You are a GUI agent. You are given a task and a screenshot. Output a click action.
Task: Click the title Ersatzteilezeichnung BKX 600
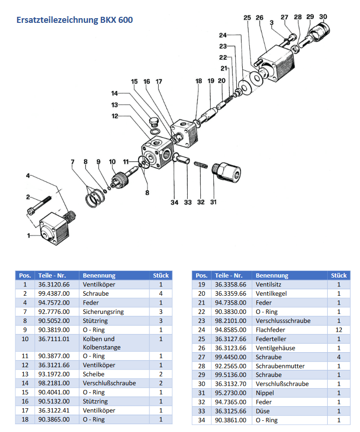click(74, 20)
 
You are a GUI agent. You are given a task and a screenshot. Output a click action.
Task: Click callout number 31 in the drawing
click(214, 202)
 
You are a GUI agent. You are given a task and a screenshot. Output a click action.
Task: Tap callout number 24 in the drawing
click(223, 35)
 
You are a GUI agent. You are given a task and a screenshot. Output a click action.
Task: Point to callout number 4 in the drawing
click(28, 176)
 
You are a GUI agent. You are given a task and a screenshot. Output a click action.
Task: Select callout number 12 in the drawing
click(114, 116)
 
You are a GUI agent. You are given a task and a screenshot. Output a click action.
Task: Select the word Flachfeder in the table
click(270, 330)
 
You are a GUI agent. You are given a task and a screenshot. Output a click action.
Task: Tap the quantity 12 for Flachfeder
click(339, 330)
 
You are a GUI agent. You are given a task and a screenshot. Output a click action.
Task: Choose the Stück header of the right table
click(339, 275)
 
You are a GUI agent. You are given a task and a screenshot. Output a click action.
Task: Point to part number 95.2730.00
click(231, 393)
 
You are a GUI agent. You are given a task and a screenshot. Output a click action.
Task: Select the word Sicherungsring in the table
click(103, 312)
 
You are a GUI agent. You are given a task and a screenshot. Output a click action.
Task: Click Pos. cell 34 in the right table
click(202, 420)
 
